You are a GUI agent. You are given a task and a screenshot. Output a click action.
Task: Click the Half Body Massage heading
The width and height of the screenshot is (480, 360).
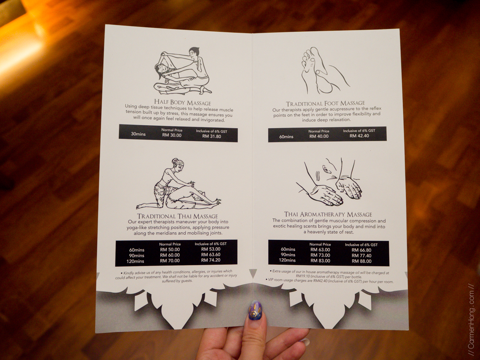(182, 102)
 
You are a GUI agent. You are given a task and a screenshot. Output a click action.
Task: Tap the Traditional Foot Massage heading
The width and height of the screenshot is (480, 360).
(325, 104)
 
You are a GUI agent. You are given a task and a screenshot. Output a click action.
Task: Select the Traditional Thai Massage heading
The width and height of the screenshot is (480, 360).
(178, 216)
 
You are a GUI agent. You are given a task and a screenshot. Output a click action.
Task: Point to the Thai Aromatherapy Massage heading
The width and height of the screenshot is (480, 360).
(328, 214)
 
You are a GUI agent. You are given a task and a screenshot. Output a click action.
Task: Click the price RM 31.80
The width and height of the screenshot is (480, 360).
(212, 136)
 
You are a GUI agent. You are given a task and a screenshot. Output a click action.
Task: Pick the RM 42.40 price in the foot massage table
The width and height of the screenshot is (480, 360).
(360, 136)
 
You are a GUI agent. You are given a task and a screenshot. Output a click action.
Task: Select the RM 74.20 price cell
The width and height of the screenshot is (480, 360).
(211, 260)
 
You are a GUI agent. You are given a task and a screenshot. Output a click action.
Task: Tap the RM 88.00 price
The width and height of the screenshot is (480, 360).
(361, 261)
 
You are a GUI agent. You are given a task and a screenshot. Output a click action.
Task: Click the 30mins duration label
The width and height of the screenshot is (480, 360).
(138, 134)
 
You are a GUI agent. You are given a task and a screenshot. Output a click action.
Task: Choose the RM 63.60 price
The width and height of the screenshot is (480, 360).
(211, 255)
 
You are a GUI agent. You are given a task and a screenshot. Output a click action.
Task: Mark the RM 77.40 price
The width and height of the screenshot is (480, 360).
(361, 256)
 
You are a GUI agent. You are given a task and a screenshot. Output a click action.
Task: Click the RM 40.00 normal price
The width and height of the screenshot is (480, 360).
(319, 136)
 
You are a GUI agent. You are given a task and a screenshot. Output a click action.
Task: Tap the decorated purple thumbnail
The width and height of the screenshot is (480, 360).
(255, 311)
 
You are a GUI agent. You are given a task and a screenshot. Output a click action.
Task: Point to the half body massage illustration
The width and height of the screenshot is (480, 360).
(182, 71)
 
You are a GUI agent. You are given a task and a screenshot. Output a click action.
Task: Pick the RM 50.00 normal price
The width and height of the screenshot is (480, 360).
(170, 250)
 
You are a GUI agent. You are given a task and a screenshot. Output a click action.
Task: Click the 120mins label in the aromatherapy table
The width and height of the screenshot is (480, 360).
(287, 260)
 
